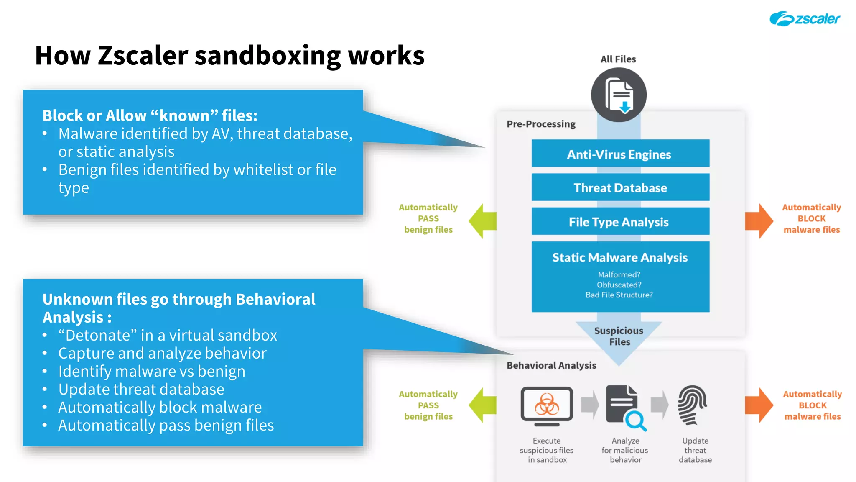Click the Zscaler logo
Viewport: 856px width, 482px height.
804,19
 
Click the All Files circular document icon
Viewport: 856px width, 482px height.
619,95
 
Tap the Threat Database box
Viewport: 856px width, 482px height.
620,187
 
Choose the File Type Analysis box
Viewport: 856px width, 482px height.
620,221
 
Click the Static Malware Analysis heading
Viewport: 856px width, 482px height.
620,257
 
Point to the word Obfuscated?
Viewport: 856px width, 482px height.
619,285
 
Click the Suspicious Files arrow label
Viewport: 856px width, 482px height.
619,336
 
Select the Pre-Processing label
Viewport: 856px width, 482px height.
541,124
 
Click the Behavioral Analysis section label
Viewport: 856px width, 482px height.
551,365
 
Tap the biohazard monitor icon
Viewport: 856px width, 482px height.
547,405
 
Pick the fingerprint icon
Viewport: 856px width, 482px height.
692,405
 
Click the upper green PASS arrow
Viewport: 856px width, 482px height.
482,221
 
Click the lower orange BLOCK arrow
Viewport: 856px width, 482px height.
759,405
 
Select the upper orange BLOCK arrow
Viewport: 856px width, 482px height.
759,221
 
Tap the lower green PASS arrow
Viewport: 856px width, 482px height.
482,405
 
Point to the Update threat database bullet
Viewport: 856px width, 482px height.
141,389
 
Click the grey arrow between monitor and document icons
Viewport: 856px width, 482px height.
590,405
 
